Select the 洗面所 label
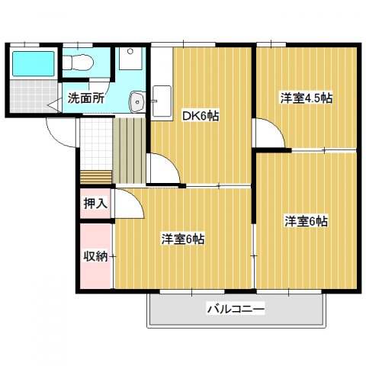(85, 98)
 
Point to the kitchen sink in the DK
(162, 98)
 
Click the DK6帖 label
(200, 117)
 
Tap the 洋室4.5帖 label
(306, 98)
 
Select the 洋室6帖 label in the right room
(307, 221)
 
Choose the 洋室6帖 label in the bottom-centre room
(182, 239)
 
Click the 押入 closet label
(95, 204)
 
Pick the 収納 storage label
(95, 255)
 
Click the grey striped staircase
(129, 149)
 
